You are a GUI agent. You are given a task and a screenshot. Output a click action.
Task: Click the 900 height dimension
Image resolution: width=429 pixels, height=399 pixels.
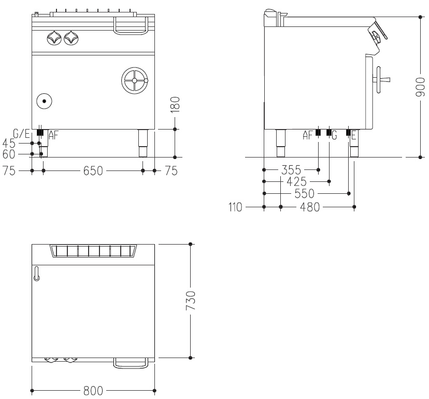pos(420,87)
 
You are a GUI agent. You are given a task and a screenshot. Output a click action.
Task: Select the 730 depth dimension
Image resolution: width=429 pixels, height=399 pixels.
pos(191,301)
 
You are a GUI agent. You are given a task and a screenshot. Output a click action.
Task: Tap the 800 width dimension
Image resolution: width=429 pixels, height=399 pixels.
pos(93,391)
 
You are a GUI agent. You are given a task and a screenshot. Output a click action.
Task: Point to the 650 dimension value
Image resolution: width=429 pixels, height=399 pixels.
pos(93,170)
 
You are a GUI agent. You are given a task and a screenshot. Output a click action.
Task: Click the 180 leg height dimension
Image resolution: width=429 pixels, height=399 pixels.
pos(175,104)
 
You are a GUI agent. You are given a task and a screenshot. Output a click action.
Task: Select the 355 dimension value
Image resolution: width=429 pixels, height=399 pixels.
pos(291,170)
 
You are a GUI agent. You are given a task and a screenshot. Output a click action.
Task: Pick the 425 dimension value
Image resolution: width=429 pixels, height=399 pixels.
pos(296,181)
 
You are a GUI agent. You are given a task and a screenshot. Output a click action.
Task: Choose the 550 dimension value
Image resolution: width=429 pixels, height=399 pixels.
pos(305,193)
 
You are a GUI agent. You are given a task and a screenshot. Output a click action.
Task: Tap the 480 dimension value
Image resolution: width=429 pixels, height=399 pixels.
pos(310,207)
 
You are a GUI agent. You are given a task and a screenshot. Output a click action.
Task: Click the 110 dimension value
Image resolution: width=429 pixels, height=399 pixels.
pos(235,207)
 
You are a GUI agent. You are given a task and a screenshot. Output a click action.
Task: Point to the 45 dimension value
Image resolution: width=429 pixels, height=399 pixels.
pos(9,143)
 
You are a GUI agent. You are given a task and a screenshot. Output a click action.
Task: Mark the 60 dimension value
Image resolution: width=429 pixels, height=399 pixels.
pos(9,154)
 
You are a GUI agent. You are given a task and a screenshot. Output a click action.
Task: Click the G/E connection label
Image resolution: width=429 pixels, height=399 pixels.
pos(21,134)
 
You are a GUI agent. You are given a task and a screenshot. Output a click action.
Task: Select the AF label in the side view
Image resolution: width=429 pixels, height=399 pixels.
pos(308,135)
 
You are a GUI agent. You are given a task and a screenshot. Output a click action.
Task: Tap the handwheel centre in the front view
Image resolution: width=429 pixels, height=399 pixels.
pos(134,80)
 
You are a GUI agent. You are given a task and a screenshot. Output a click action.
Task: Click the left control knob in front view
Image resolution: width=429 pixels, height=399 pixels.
pos(54,38)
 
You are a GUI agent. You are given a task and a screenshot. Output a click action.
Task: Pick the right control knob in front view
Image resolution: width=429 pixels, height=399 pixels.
pos(71,38)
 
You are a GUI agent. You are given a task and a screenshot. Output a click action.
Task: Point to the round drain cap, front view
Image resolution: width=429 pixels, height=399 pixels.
pos(44,101)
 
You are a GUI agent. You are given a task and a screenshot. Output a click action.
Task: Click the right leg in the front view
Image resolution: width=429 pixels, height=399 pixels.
pos(143,143)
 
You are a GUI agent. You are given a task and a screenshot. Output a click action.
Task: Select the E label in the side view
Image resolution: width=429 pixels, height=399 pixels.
pos(354,135)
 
